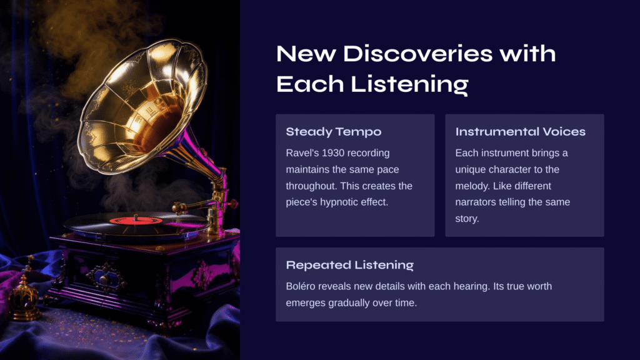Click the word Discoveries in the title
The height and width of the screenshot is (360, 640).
coord(417,54)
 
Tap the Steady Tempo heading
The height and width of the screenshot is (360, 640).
coord(334,132)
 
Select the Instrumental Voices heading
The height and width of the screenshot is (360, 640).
coord(521,131)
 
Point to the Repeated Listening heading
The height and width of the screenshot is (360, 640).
coord(350,265)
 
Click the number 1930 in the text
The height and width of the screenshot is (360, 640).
coord(332,153)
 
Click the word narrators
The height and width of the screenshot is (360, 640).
coord(475,202)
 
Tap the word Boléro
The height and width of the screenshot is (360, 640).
coord(301,286)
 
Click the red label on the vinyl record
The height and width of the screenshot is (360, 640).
coord(136,221)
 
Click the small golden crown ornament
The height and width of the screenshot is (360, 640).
coord(24,294)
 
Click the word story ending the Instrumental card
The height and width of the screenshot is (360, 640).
coord(467,219)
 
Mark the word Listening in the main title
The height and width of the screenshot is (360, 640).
coord(409,84)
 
